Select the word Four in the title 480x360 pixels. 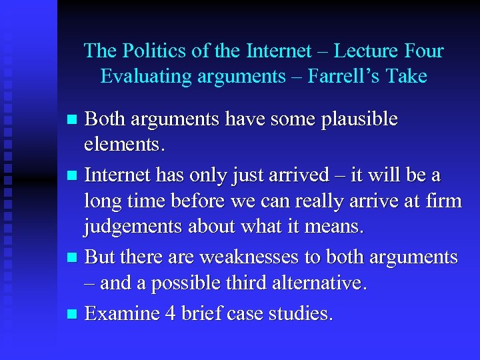pos(423,51)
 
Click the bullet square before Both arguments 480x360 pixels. pos(74,121)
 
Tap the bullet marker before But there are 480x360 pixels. pos(74,257)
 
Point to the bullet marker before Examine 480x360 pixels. pos(74,313)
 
